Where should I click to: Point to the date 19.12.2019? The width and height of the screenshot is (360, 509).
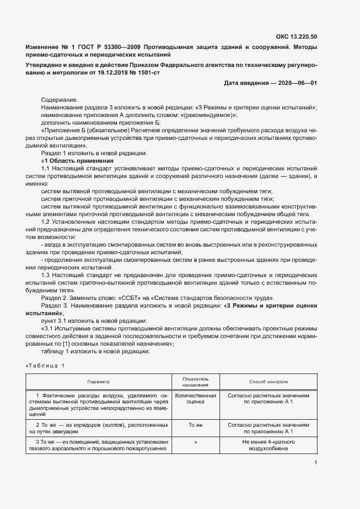(112, 72)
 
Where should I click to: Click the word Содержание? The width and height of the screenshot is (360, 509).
(59, 100)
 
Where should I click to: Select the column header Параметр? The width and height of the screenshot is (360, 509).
(98, 382)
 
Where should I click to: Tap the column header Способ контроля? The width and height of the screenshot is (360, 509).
(269, 382)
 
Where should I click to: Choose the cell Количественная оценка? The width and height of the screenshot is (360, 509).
(196, 398)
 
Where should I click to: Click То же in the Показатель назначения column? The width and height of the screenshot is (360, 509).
(196, 423)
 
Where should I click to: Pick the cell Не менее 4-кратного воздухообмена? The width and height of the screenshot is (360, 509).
(269, 445)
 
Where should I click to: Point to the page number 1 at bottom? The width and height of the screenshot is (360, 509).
(316, 463)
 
